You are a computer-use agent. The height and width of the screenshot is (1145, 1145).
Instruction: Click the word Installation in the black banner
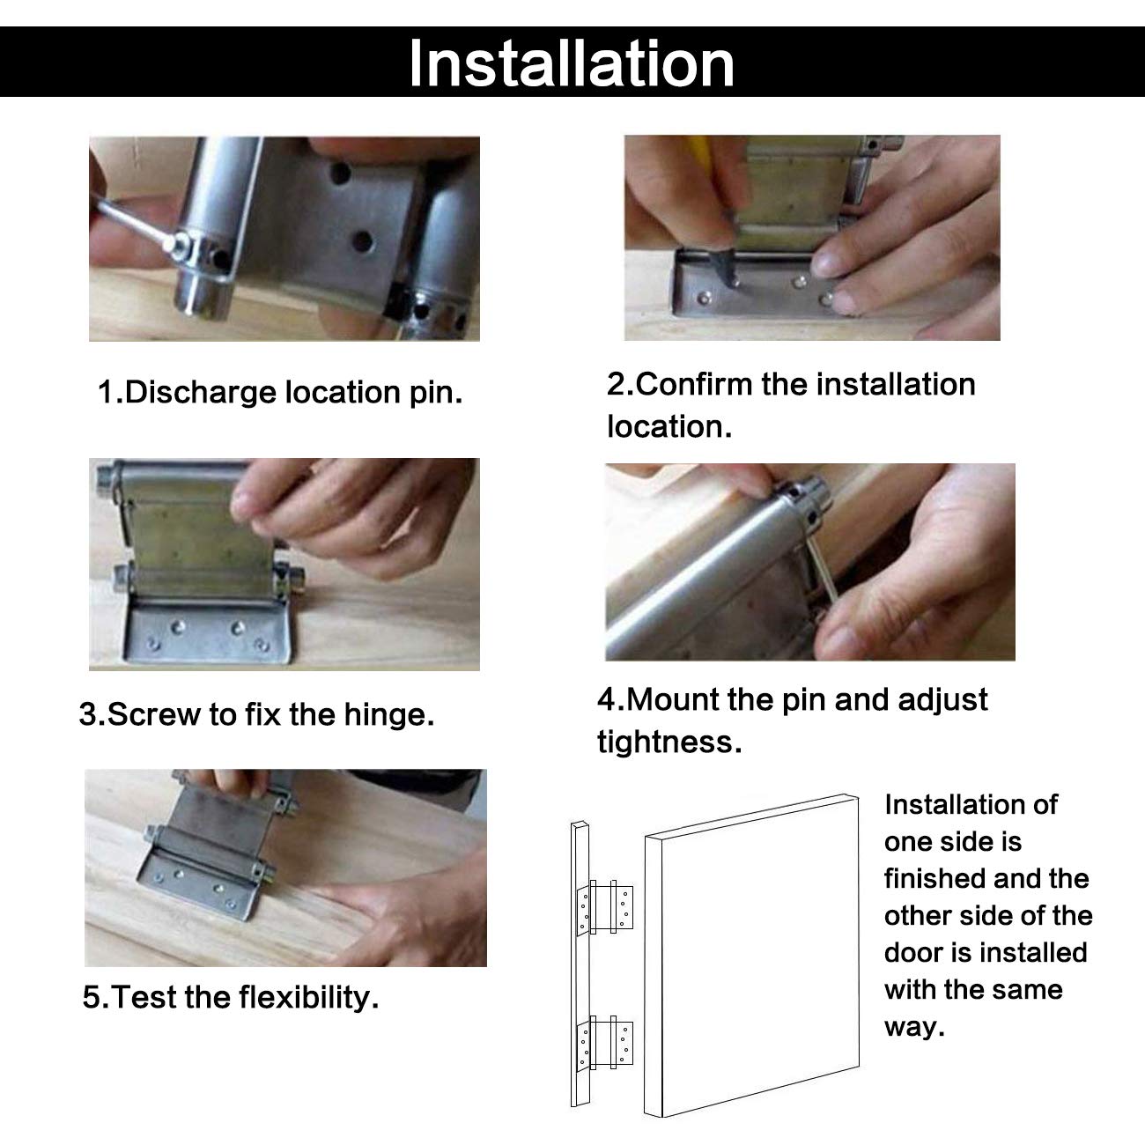572,63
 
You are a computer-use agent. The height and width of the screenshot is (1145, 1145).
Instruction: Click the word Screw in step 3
154,714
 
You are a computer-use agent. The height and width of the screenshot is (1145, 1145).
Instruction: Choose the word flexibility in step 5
308,996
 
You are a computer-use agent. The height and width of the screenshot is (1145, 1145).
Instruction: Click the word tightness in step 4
669,742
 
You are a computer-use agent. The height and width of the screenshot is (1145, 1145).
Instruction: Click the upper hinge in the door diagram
605,907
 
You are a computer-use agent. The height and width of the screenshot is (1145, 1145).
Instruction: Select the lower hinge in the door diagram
605,1044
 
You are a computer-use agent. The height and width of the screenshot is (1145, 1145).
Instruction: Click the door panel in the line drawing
752,956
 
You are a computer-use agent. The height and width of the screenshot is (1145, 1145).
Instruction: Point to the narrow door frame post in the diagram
580,964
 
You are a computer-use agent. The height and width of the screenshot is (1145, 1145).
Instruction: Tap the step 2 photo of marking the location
812,238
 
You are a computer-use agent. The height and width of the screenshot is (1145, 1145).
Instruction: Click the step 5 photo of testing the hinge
285,868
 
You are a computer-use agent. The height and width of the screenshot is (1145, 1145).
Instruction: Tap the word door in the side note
912,952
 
